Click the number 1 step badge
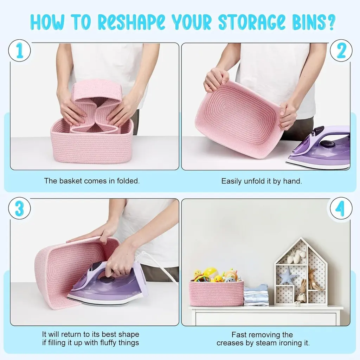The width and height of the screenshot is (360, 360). pyautogui.click(x=20, y=51)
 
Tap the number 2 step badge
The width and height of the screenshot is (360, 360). pyautogui.click(x=341, y=51)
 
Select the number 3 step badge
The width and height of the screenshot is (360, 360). pyautogui.click(x=20, y=208)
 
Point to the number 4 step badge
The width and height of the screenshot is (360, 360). pyautogui.click(x=341, y=208)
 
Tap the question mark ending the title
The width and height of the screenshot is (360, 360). pyautogui.click(x=330, y=22)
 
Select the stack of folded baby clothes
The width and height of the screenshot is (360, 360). pyautogui.click(x=256, y=295)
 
